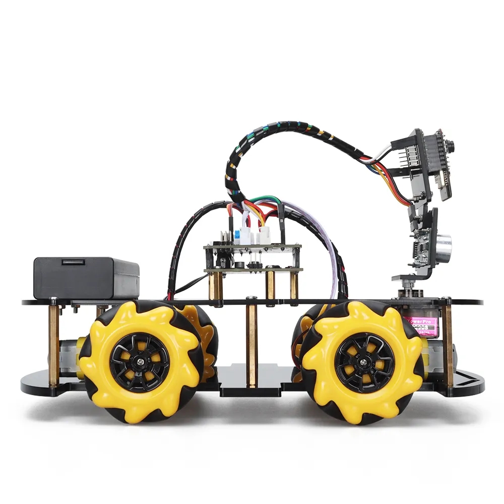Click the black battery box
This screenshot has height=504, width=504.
pos(86,278)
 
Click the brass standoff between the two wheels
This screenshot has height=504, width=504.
pos(252,343)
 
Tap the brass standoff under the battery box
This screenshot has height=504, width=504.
pos(53,343)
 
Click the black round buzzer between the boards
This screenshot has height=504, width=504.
pos(238,265)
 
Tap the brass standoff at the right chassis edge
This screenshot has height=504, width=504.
pos(448,343)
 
